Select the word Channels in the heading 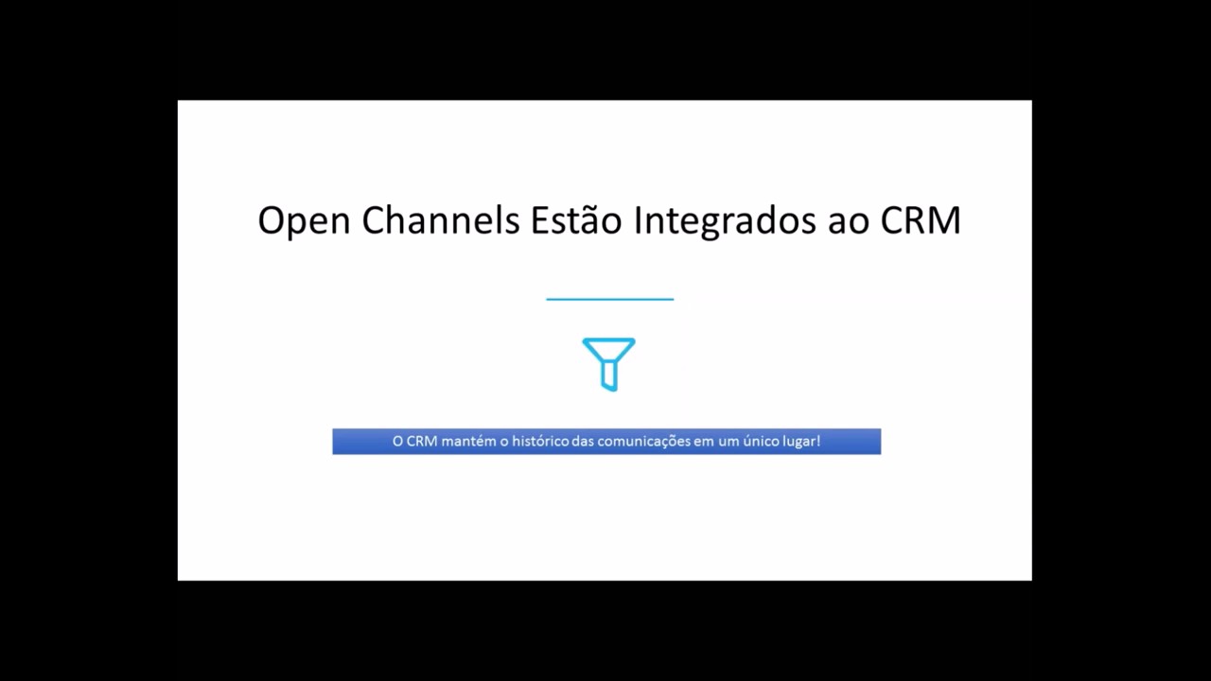point(440,220)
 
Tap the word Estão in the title point(576,220)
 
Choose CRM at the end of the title point(921,220)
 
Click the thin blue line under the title point(609,299)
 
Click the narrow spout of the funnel point(609,377)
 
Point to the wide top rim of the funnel point(608,341)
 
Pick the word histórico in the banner point(540,442)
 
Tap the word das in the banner point(583,442)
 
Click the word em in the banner point(704,442)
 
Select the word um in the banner point(728,442)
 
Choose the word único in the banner point(762,442)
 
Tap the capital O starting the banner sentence point(397,442)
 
